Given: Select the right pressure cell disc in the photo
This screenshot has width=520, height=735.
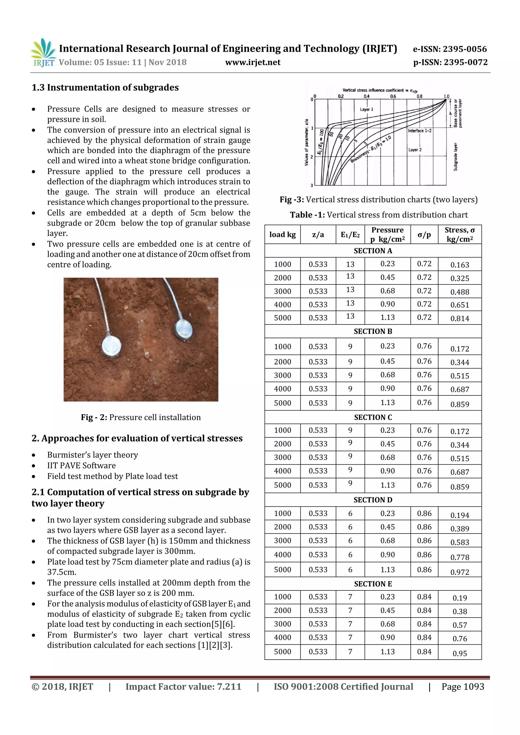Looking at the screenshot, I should (184, 329).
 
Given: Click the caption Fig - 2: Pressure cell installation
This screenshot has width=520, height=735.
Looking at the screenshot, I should (141, 417).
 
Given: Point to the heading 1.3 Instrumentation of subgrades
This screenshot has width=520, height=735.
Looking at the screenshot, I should (105, 87).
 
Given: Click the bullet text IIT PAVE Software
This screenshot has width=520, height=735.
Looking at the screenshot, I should (82, 466).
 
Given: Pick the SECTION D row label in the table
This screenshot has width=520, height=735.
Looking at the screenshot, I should (373, 500).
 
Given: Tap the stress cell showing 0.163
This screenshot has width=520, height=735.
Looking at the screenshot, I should (460, 265).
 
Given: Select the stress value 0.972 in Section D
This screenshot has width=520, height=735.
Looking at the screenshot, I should (460, 572).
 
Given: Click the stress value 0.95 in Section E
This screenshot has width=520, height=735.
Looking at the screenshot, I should (460, 653).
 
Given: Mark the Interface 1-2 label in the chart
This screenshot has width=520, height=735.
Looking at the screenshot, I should (419, 131).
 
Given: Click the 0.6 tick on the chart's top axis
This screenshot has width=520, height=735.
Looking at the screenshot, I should (393, 96).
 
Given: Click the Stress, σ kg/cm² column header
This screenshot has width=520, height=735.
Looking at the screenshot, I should (460, 235).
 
